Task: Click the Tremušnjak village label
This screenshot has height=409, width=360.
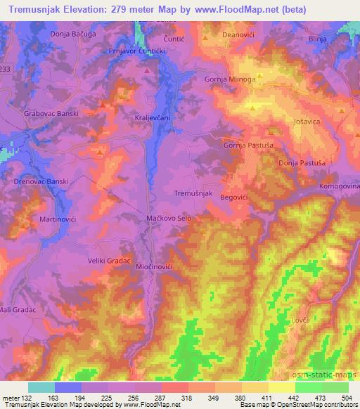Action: point(193,193)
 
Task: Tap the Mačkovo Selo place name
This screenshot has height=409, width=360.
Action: point(169,219)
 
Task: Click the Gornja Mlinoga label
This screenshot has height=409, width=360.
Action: point(230,79)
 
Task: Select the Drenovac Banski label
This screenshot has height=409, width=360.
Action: point(41,181)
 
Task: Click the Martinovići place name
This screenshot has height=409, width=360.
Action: point(39,221)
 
